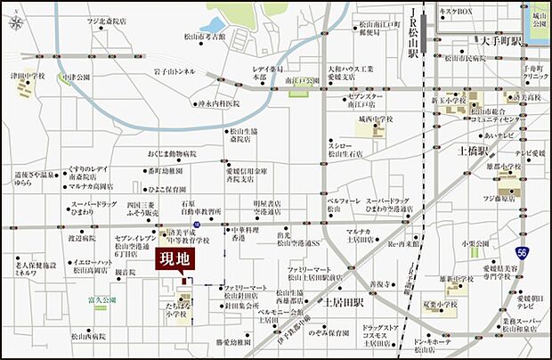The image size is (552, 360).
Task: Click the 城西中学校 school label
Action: click(377, 118)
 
